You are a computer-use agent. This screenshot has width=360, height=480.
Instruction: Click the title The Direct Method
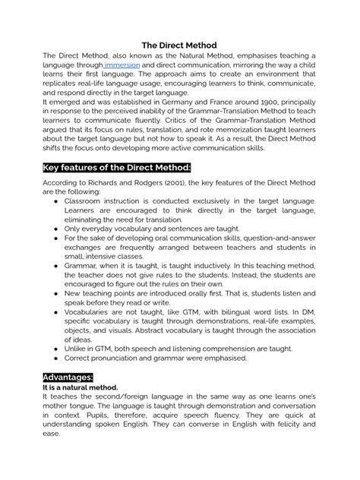click(179, 45)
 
